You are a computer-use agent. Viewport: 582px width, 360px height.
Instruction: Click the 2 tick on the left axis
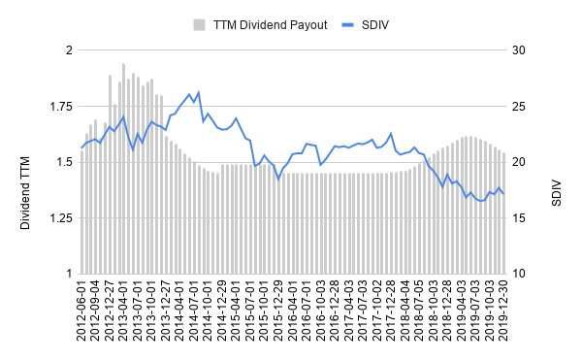68,49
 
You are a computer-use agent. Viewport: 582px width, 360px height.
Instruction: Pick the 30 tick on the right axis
521,49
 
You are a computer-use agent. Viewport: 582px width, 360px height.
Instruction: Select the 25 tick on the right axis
521,106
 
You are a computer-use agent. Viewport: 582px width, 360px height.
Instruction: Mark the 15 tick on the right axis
521,218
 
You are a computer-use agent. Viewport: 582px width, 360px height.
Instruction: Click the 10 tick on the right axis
521,275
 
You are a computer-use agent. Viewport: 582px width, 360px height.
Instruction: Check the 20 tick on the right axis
521,162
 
